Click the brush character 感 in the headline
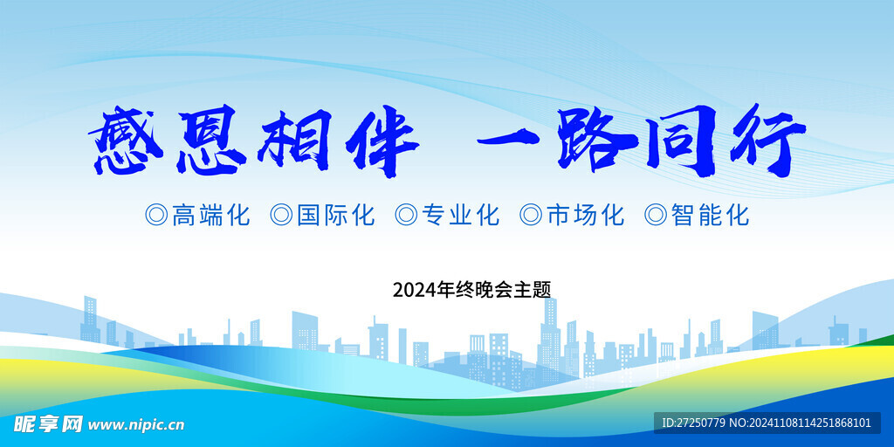[x=126, y=140]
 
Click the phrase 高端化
[x=211, y=216]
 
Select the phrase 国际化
[x=336, y=216]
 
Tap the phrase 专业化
[x=460, y=216]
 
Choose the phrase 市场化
[x=586, y=216]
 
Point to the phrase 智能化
[x=710, y=216]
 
